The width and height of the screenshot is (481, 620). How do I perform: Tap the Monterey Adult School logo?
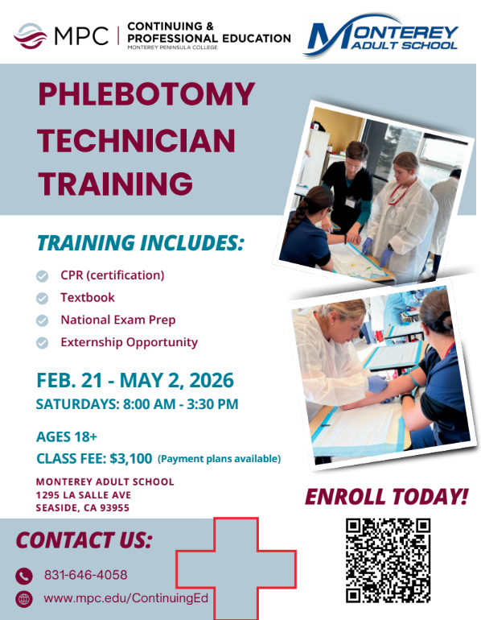[380, 37]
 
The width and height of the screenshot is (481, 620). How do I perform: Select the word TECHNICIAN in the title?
[137, 141]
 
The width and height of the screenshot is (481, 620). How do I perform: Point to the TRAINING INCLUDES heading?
[139, 242]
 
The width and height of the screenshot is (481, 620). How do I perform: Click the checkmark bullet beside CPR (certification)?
[42, 275]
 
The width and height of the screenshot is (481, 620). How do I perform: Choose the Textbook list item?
[88, 297]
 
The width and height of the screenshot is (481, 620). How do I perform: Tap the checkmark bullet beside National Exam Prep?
[42, 320]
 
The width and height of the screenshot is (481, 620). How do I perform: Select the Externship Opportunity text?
[129, 342]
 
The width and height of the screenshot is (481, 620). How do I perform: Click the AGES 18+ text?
[67, 437]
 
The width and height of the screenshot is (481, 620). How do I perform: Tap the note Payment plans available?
[219, 459]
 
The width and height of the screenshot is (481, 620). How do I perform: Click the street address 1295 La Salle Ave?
[84, 494]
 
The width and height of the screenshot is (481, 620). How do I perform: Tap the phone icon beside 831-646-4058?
[24, 575]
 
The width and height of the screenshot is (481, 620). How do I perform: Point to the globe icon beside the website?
[24, 598]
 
